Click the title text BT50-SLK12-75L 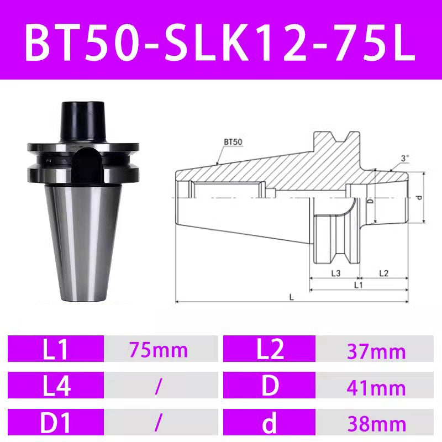[x=220, y=41]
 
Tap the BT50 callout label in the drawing [x=233, y=141]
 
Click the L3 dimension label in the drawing [x=335, y=273]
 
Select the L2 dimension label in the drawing [x=384, y=273]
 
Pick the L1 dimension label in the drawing [x=358, y=285]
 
